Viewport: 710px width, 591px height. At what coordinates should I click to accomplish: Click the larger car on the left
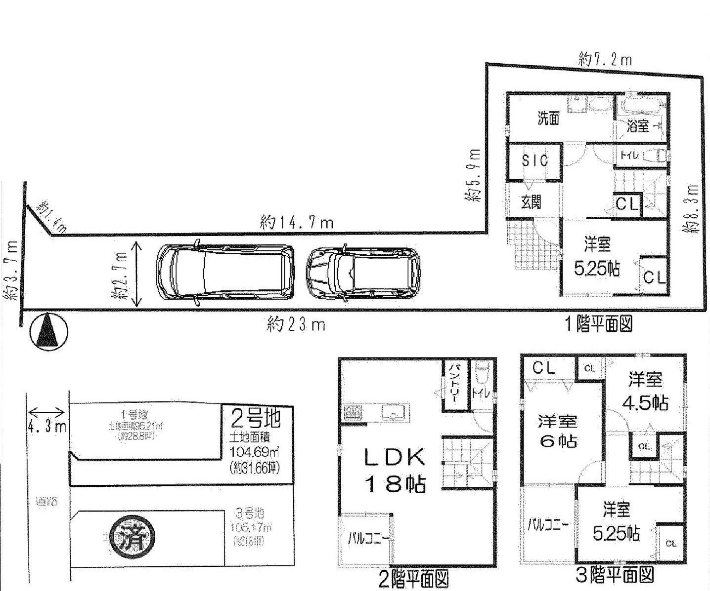[x=225, y=272]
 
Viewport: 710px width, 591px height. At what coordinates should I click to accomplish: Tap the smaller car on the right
[x=363, y=274]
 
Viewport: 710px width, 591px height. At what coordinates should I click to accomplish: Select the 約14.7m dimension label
[x=297, y=223]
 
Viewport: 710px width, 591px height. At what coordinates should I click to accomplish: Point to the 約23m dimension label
[x=296, y=325]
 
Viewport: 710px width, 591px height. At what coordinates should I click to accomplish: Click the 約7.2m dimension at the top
[x=605, y=60]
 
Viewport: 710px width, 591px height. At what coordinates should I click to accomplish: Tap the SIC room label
[x=535, y=160]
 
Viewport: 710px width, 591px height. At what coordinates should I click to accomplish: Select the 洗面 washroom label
[x=548, y=118]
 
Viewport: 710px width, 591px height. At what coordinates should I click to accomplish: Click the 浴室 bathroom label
[x=638, y=126]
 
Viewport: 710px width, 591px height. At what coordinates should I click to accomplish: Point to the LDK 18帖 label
[x=395, y=471]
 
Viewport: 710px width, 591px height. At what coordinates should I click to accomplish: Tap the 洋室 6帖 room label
[x=558, y=431]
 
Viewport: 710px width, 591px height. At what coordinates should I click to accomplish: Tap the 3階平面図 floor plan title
[x=615, y=575]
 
